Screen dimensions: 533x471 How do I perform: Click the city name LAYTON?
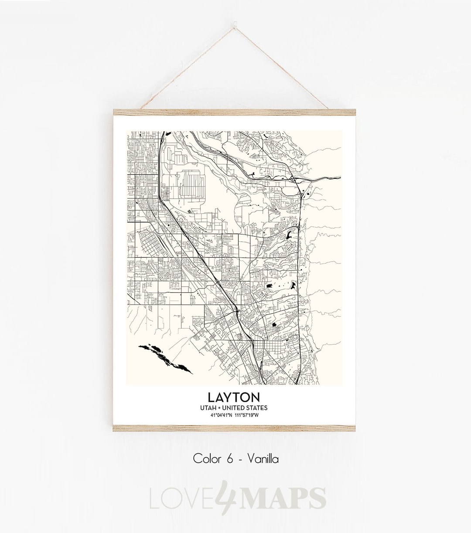pos(234,397)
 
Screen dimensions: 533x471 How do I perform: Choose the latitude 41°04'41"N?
pos(221,415)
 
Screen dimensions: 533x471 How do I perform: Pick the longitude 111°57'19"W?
pos(247,415)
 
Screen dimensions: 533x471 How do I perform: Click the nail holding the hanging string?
pos(236,16)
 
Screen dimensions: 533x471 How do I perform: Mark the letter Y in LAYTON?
pos(230,397)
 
